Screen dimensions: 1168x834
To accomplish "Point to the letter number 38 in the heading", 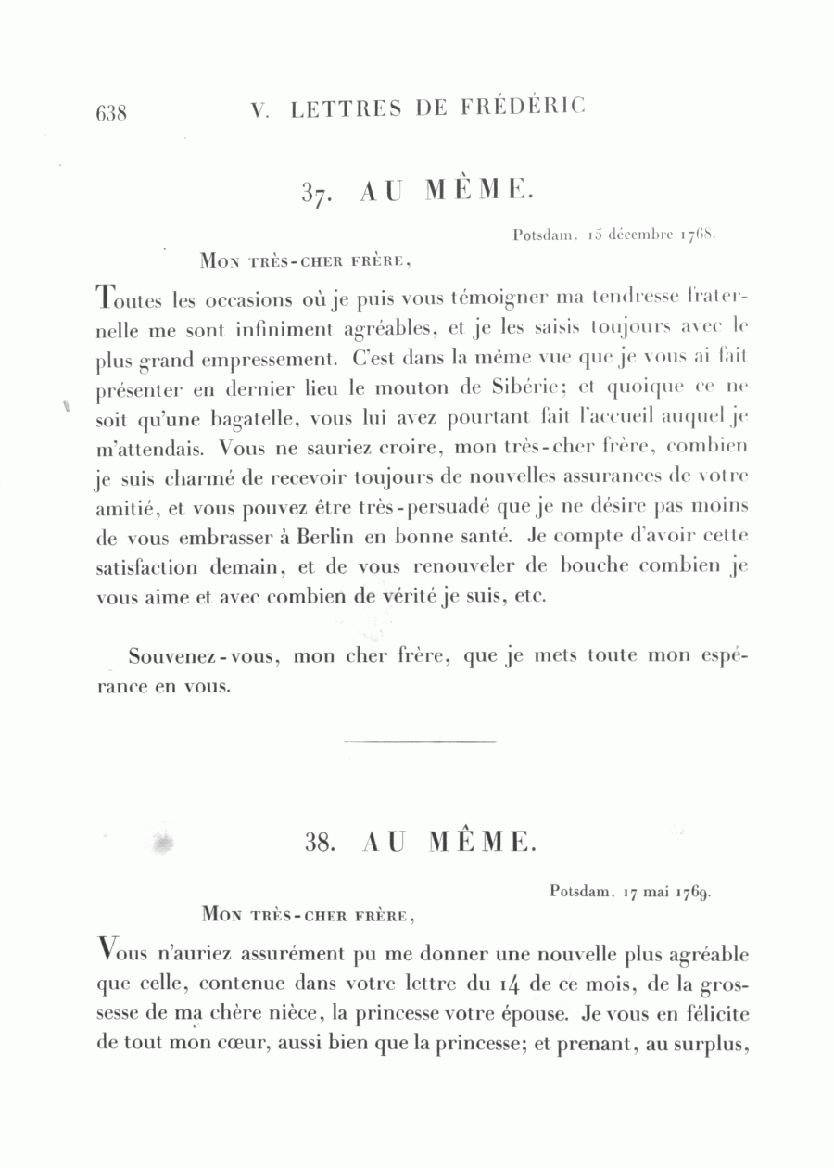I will coord(320,842).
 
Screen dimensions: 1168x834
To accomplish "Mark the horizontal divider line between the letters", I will coord(420,740).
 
